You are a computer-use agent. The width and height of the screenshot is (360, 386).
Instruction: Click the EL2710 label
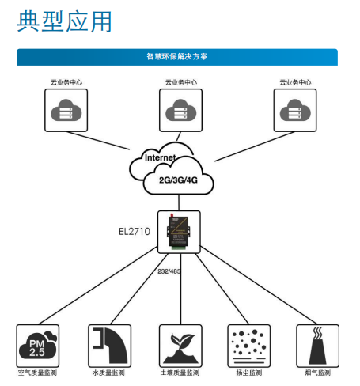tap(135, 232)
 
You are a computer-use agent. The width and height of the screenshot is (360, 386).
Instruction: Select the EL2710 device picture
tap(178, 232)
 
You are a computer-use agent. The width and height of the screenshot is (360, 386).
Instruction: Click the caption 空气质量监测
tap(38, 373)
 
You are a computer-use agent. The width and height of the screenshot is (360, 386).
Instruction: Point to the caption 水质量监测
tap(108, 373)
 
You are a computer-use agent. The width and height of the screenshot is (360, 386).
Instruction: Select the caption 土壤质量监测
tap(180, 373)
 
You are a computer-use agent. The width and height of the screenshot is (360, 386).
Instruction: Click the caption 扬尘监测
tap(248, 373)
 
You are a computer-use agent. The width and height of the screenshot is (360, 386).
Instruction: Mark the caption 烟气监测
tap(316, 373)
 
